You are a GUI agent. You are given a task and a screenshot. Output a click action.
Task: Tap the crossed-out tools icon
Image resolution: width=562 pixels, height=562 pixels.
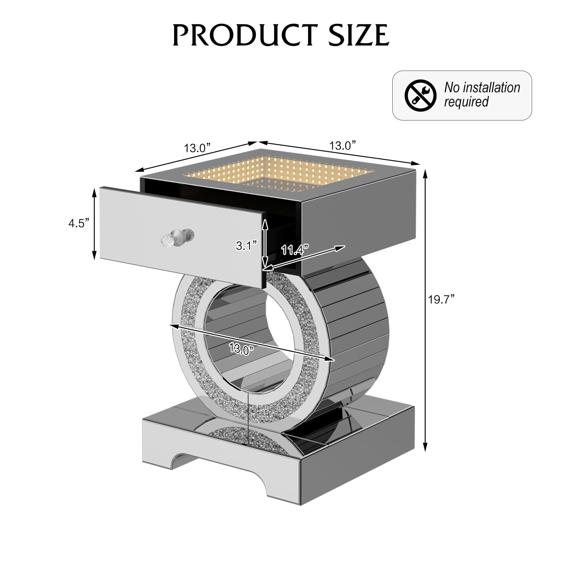click(x=420, y=96)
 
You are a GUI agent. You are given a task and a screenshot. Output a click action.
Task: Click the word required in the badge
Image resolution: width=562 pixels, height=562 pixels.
click(x=466, y=102)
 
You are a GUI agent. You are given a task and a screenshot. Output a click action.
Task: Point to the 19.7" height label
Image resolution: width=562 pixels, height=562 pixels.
click(x=441, y=300)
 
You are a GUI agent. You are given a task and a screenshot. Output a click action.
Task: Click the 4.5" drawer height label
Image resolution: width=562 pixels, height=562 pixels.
click(x=79, y=223)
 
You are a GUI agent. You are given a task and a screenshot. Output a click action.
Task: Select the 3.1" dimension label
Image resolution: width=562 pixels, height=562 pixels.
click(x=247, y=246)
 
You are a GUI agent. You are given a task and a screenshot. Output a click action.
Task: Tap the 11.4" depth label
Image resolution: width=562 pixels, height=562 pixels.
click(x=295, y=250)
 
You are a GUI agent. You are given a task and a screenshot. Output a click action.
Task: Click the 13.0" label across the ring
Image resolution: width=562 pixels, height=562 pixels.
click(x=241, y=348)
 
